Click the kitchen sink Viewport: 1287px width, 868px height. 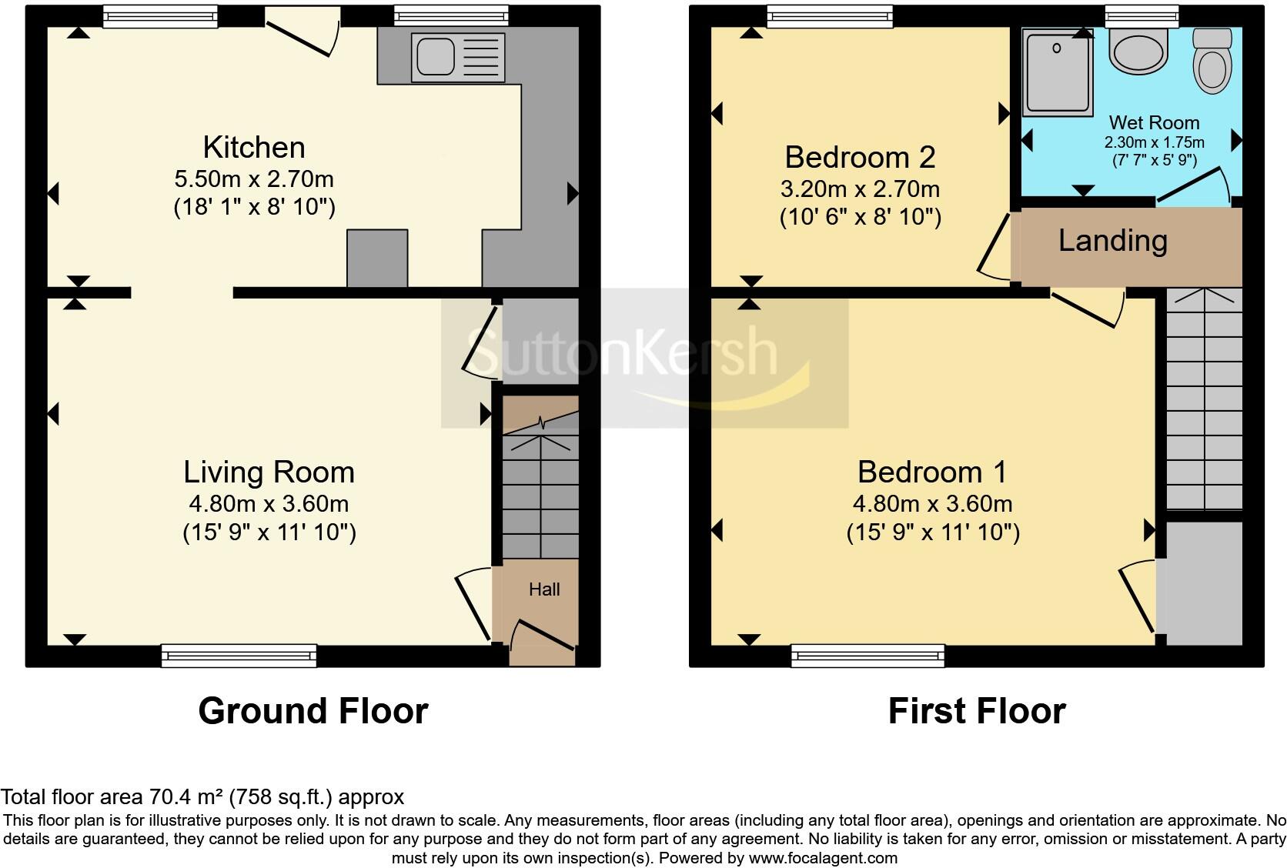coord(459,57)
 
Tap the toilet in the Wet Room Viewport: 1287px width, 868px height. coord(1212,62)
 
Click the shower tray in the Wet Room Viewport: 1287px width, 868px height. coord(1058,72)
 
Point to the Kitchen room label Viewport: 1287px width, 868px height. coord(254,147)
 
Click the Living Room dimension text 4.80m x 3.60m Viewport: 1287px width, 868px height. coord(269,504)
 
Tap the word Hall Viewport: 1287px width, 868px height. coord(544,589)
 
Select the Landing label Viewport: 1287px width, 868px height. coord(1112,241)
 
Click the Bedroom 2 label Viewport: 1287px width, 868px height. coord(860,157)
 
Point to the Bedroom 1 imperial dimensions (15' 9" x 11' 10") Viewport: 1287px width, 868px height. coord(933,532)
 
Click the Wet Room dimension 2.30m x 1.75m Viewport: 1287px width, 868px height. coord(1154,142)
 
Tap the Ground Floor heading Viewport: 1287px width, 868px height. coord(313,711)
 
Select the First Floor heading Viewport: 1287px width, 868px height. coord(976,711)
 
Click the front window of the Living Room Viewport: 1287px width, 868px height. coord(239,655)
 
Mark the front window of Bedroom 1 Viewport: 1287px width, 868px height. coord(867,655)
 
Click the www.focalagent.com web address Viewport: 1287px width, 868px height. coord(822,857)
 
